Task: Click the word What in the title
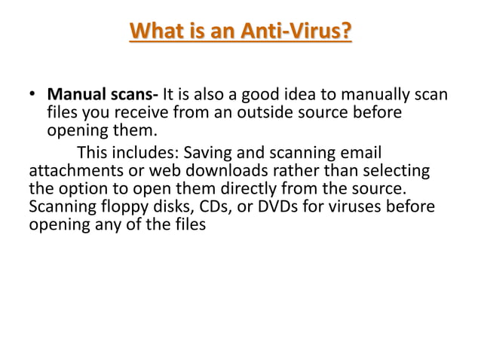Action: pyautogui.click(x=156, y=32)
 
